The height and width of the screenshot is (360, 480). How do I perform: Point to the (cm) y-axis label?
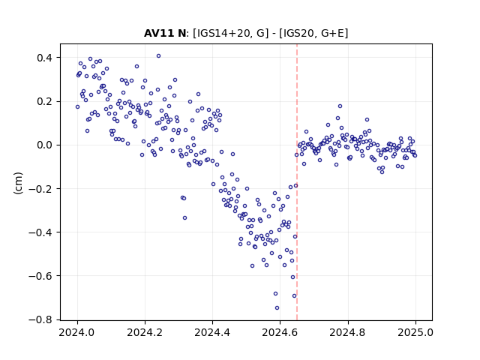point(18,183)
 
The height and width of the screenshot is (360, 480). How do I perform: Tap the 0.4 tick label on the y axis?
point(45,58)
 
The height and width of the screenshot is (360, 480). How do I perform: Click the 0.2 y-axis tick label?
point(45,101)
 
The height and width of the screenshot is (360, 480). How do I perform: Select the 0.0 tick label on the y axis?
point(45,145)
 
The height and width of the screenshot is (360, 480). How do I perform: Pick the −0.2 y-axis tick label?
point(40,188)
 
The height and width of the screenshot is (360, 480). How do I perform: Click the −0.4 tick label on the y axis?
point(40,232)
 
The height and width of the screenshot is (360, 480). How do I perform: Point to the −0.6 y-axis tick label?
point(40,276)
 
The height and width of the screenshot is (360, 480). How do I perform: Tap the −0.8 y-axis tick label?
point(40,319)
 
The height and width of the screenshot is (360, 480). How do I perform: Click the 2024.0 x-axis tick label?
point(77,332)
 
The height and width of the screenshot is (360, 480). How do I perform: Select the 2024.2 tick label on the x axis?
point(145,332)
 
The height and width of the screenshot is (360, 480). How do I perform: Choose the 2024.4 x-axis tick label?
point(212,332)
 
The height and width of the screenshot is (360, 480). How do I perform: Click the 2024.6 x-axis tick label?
point(280,332)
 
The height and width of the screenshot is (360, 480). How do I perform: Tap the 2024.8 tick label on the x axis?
point(348,332)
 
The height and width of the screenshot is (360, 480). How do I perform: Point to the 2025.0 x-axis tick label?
point(415,332)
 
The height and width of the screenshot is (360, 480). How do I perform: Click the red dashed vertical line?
point(297,182)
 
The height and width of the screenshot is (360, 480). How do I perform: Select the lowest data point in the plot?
point(277,308)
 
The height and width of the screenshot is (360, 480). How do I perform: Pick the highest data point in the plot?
point(158,56)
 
